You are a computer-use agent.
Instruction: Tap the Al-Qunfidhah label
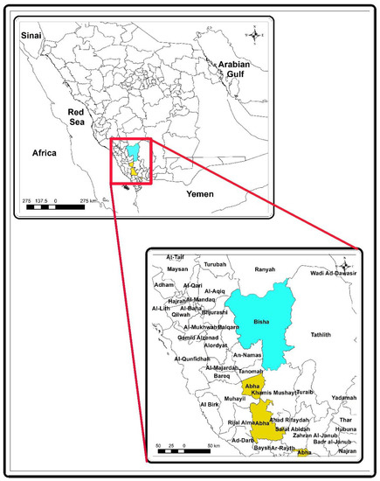pyautogui.click(x=193, y=359)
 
